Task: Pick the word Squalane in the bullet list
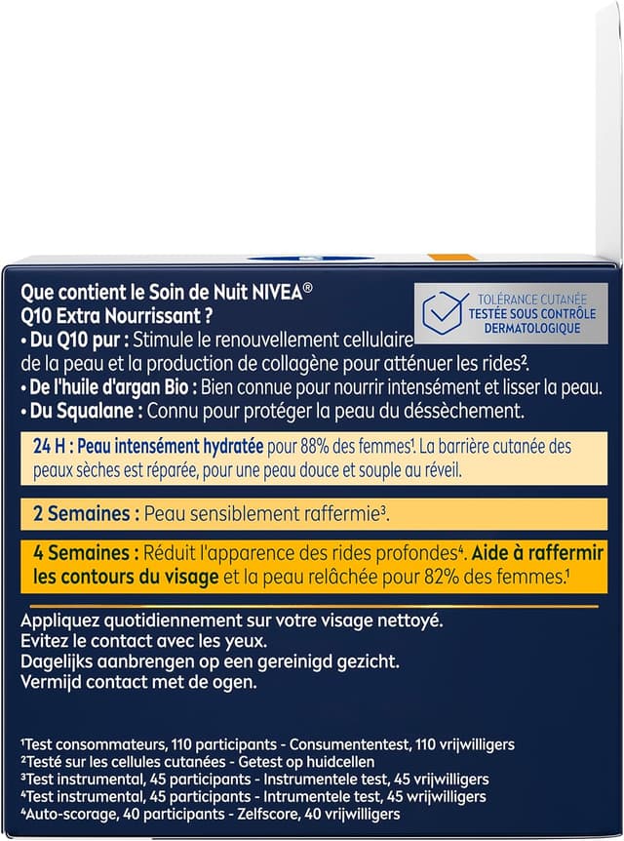pyautogui.click(x=97, y=411)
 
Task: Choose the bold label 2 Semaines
pyautogui.click(x=79, y=513)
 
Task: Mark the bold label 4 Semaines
pyautogui.click(x=79, y=553)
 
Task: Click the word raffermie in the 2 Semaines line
pyautogui.click(x=340, y=513)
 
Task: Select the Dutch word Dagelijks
pyautogui.click(x=58, y=661)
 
